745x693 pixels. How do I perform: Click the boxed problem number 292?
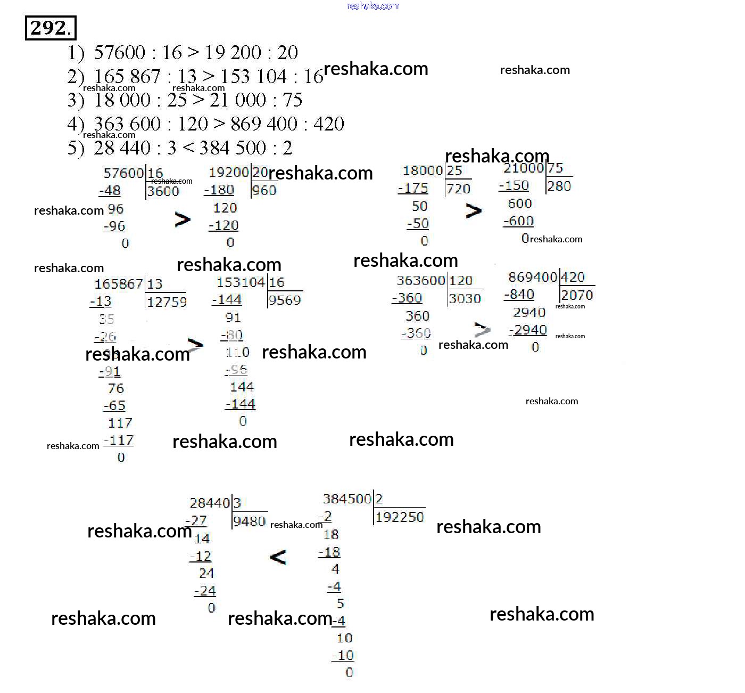click(51, 28)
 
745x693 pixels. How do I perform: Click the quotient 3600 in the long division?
click(163, 191)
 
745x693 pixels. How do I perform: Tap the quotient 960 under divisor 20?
click(264, 190)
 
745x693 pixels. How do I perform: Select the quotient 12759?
click(167, 302)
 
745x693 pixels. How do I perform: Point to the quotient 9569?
click(285, 300)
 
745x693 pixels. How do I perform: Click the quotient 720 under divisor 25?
click(458, 189)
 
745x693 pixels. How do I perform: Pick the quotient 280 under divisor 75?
click(559, 186)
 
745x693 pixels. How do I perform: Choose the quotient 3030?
click(465, 298)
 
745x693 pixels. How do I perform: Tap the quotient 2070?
click(577, 295)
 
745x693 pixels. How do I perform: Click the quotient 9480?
click(249, 521)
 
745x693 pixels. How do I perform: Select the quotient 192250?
click(400, 517)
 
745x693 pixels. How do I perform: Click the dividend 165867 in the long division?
click(118, 284)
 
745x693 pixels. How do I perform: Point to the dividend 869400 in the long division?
click(532, 277)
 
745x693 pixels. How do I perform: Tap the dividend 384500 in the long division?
click(347, 499)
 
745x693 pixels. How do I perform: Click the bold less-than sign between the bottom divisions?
click(278, 558)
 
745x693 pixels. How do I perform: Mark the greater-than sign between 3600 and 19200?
click(182, 219)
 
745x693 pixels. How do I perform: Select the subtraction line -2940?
click(528, 330)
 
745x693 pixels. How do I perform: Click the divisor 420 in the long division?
click(573, 277)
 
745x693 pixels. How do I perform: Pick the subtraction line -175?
click(413, 188)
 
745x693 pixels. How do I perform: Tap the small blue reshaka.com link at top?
click(372, 6)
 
